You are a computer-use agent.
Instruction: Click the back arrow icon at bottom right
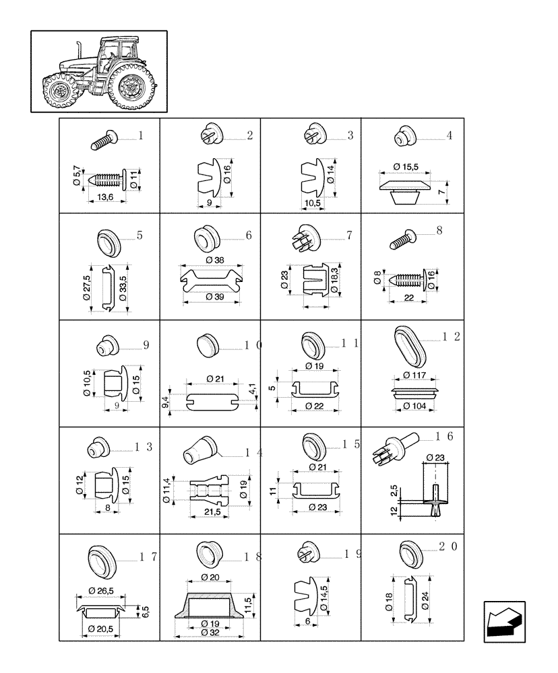(x=503, y=621)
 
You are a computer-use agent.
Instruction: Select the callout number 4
(x=449, y=135)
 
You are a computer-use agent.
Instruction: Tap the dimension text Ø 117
(x=415, y=375)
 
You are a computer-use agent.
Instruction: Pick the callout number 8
(x=439, y=231)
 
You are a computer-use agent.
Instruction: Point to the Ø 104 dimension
(x=415, y=406)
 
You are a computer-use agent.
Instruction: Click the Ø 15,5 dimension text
(x=406, y=166)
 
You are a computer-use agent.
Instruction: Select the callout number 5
(x=139, y=236)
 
